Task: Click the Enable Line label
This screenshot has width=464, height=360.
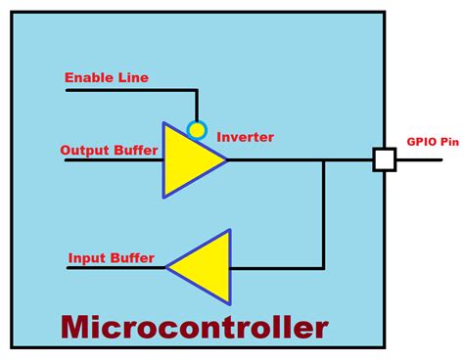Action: click(107, 77)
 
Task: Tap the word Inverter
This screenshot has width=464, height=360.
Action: click(245, 137)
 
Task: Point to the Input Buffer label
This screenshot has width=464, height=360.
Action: click(111, 258)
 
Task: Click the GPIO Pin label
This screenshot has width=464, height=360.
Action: click(432, 142)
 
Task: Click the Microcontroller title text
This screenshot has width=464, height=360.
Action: click(194, 326)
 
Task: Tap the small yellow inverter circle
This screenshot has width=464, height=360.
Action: click(197, 129)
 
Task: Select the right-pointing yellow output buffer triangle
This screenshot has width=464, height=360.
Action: click(188, 159)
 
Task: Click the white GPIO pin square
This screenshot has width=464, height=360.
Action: click(384, 159)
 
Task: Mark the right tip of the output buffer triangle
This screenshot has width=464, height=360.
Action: click(227, 159)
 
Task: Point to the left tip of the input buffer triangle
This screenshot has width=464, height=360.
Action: click(167, 267)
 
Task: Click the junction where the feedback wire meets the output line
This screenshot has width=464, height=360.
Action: click(324, 159)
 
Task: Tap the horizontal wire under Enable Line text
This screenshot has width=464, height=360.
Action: click(127, 90)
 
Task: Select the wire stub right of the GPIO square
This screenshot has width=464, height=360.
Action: click(412, 159)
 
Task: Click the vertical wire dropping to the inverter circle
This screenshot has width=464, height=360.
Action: click(197, 105)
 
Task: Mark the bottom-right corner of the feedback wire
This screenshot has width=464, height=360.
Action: click(324, 267)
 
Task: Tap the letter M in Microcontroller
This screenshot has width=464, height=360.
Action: click(76, 326)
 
